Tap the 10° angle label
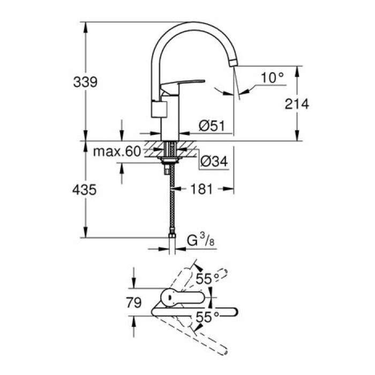click(272, 78)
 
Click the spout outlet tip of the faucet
click(232, 64)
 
